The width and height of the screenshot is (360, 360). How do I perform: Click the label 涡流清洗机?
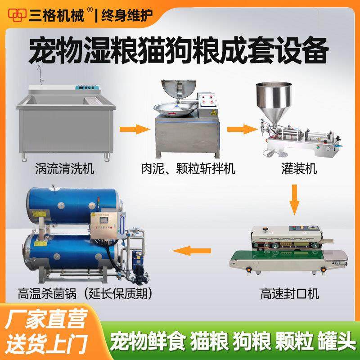pos(64,170)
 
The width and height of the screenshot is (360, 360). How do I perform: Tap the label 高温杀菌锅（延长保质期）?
pos(86,295)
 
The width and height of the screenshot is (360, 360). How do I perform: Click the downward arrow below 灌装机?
pos(294,200)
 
